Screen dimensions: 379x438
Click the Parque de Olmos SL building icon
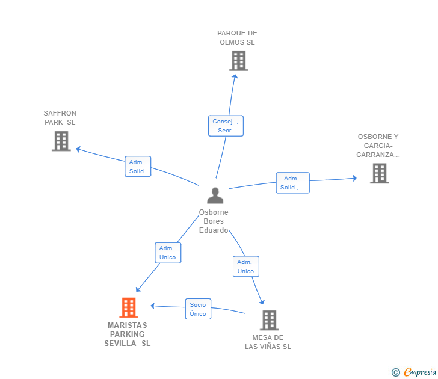(x=238, y=61)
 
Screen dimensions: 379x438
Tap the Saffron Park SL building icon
(x=61, y=141)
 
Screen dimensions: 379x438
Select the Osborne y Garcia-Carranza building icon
(x=379, y=173)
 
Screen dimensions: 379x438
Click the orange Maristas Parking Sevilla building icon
(x=128, y=307)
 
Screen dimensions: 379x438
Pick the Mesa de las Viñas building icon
(x=269, y=320)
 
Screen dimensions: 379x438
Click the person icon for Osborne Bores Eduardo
(x=215, y=196)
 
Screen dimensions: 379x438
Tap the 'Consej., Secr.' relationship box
(x=226, y=126)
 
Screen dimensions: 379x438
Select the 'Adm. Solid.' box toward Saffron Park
(x=137, y=167)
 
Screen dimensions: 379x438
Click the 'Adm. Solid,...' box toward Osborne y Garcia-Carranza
(x=292, y=183)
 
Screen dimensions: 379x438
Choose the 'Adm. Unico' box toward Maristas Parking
(x=167, y=253)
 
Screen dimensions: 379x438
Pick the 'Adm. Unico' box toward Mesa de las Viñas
(x=245, y=267)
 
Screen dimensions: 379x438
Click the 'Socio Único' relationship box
(x=197, y=309)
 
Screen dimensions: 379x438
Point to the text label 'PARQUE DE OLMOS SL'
(x=237, y=38)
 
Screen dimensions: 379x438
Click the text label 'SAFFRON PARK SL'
(x=60, y=118)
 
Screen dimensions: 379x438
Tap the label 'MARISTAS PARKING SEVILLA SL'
(x=128, y=334)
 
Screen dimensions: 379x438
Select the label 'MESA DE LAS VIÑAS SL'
(x=268, y=342)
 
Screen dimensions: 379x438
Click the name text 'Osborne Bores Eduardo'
(x=214, y=221)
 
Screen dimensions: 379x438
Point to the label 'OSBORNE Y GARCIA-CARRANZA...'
(x=378, y=146)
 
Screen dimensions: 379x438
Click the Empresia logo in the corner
(x=420, y=372)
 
